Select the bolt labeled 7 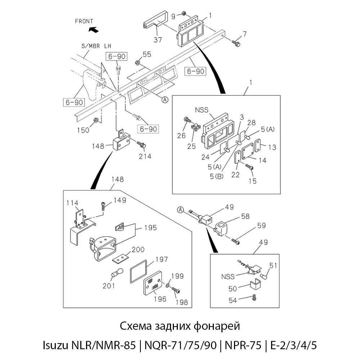(x=236, y=43)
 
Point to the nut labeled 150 (x=96, y=120)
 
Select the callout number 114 (x=72, y=203)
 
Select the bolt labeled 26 (x=188, y=120)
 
